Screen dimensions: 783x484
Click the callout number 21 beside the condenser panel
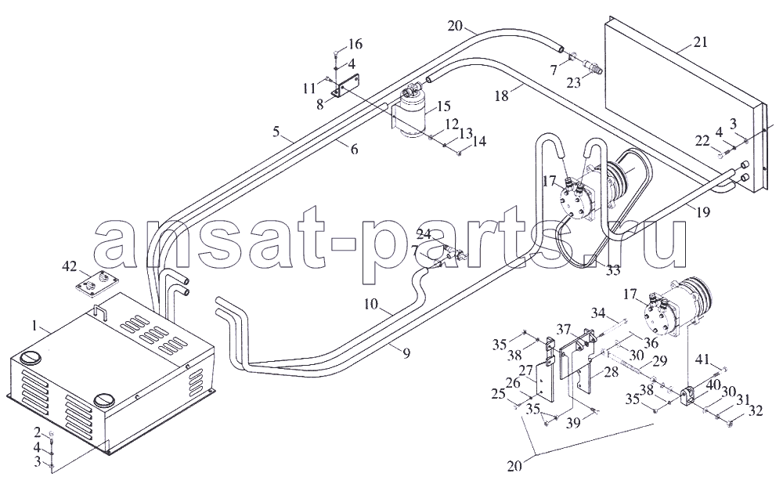click(700, 42)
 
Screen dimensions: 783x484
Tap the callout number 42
click(70, 266)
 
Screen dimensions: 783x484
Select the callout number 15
click(443, 107)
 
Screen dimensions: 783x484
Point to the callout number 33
click(613, 270)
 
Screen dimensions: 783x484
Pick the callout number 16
click(355, 45)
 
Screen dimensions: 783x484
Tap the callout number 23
click(574, 82)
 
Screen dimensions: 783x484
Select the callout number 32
click(756, 410)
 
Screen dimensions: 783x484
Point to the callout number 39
click(574, 423)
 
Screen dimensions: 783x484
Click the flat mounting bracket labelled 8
click(348, 86)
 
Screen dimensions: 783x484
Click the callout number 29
click(660, 360)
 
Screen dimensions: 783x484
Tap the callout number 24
click(424, 233)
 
